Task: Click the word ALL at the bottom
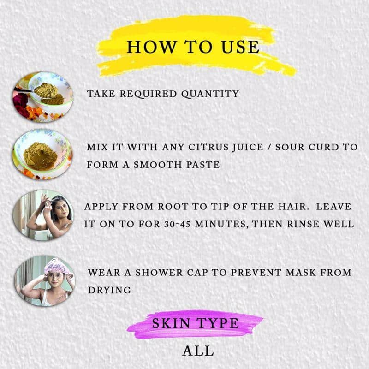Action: [198, 351]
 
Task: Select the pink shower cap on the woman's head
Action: [57, 266]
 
